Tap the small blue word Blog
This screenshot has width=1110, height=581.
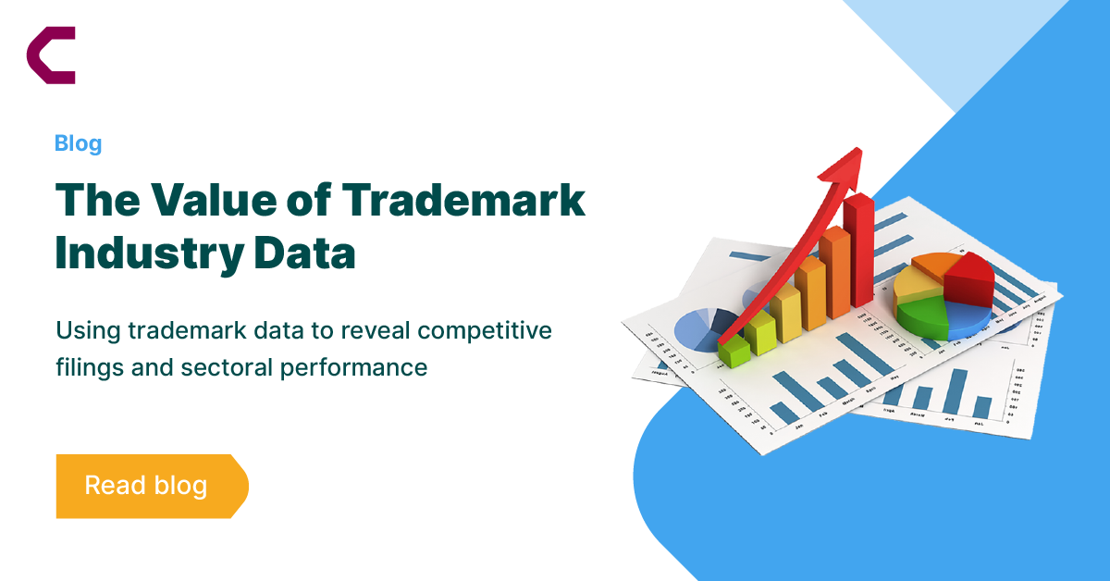[x=78, y=143]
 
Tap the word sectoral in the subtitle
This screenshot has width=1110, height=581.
[x=231, y=367]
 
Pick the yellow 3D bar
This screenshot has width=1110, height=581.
[x=788, y=315]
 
